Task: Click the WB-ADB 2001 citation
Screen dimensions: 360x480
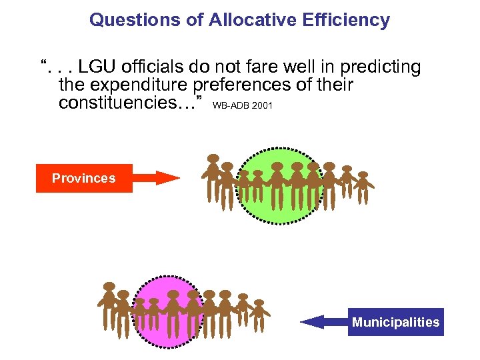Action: point(242,105)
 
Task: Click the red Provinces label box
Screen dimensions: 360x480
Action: point(84,178)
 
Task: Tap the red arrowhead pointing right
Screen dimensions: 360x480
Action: point(166,177)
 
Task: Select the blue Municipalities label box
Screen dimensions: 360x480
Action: point(395,322)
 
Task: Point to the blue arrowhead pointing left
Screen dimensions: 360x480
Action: point(313,322)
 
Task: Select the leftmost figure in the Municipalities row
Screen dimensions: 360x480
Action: point(109,304)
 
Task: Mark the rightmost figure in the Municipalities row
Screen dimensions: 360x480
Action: point(259,314)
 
